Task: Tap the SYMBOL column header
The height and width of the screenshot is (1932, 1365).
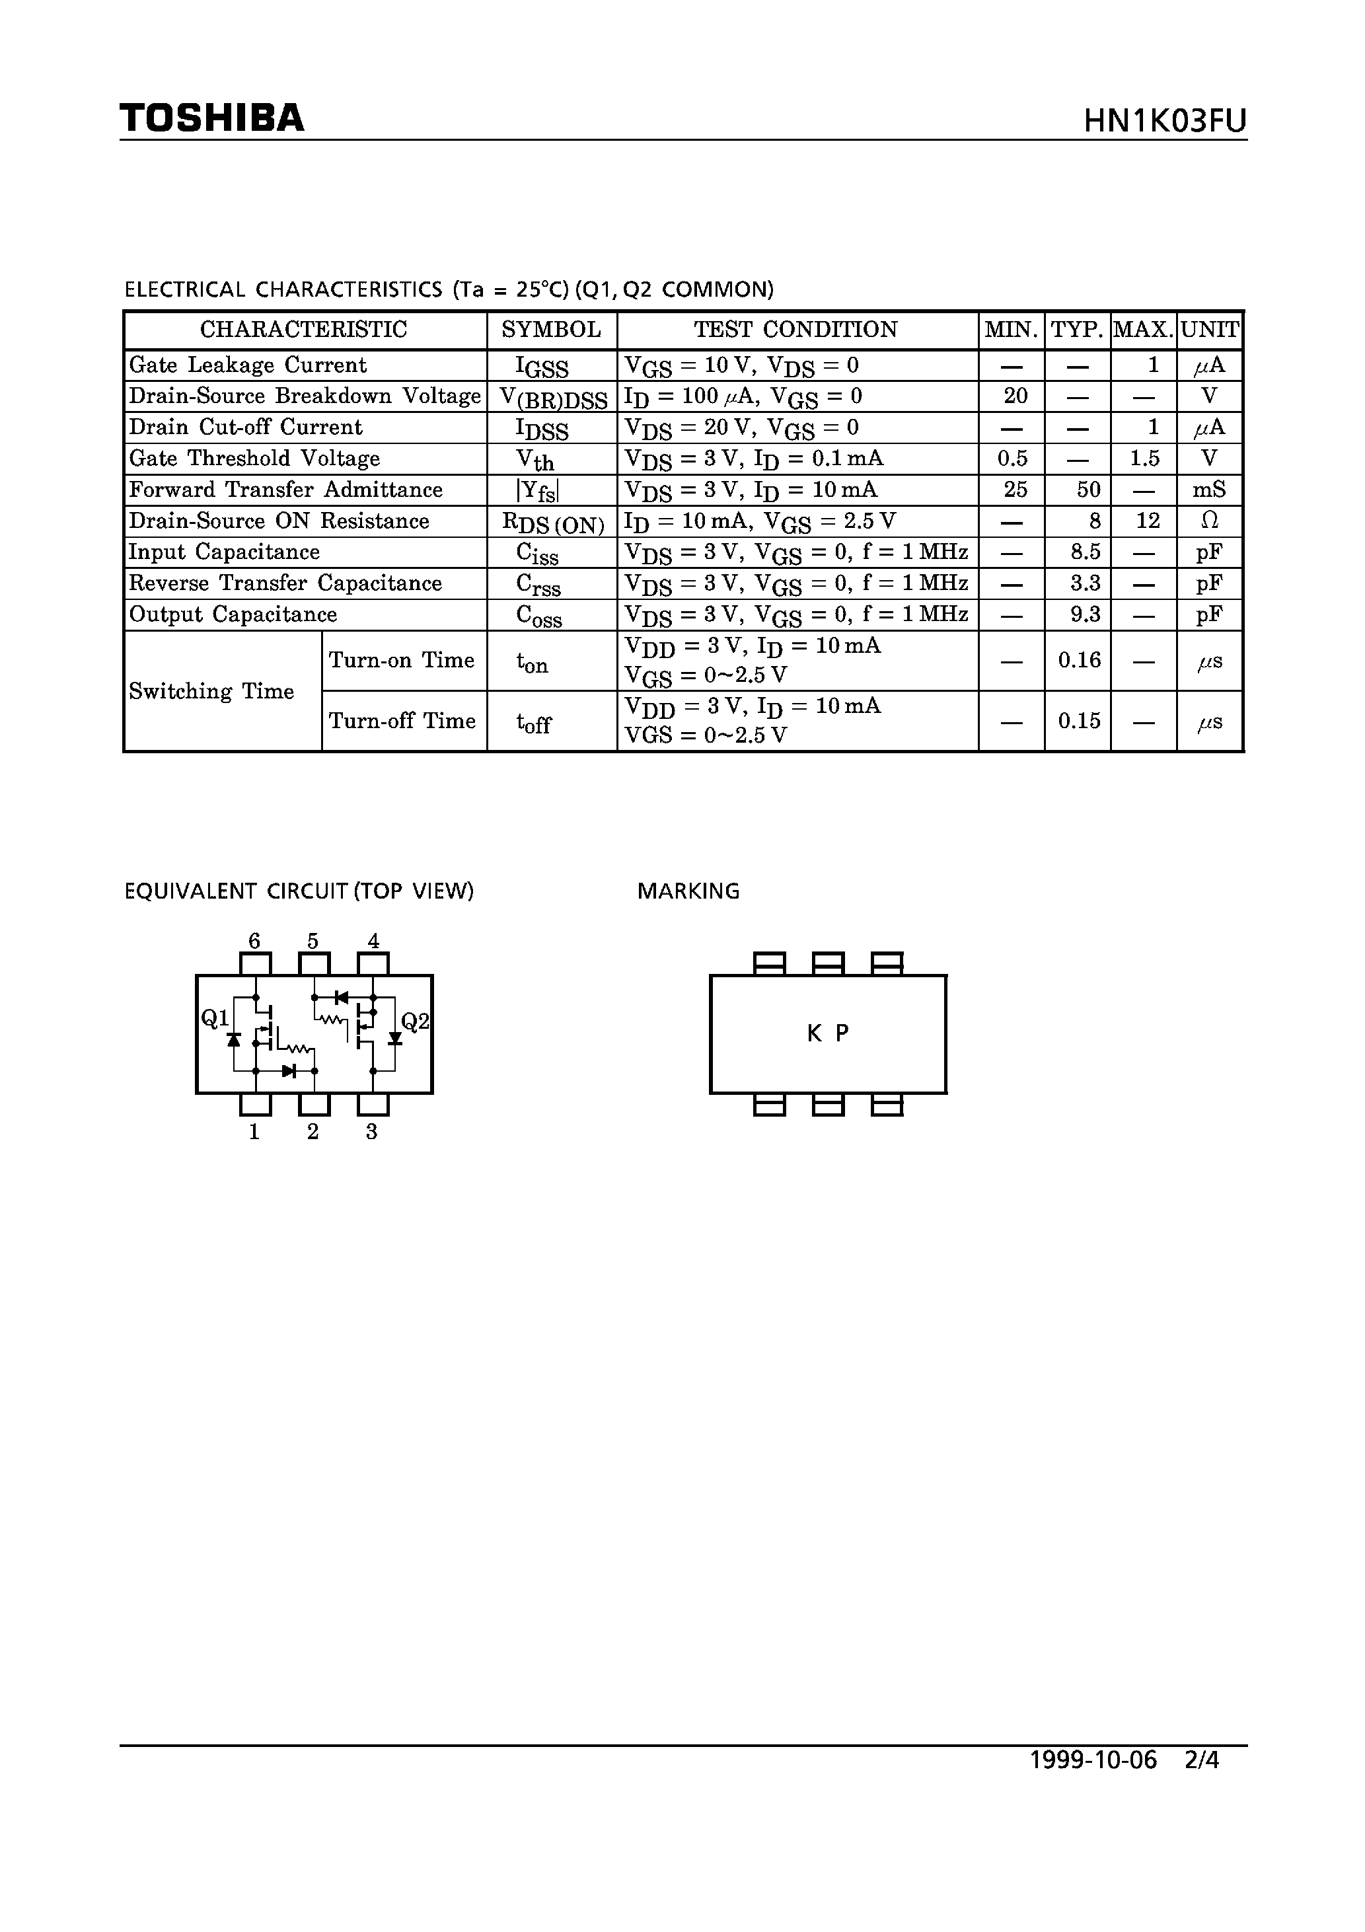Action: pos(551,330)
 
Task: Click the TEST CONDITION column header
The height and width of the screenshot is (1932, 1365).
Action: pos(795,330)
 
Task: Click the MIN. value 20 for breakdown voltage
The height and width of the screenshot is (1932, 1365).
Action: pos(1015,396)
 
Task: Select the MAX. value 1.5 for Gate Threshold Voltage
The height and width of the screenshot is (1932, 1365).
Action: pos(1144,459)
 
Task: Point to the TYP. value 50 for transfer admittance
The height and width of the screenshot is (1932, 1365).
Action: pos(1088,490)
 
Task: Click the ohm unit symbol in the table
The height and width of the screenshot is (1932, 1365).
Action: pos(1209,521)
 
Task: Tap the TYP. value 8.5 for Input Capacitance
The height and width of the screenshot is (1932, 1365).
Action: pos(1086,552)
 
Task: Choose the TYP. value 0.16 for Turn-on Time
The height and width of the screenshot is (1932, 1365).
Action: pos(1080,661)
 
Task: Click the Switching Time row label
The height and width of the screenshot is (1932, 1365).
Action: pos(211,692)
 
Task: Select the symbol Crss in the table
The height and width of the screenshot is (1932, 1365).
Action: pos(538,585)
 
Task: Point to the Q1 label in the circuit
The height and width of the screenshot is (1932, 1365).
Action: pos(215,1019)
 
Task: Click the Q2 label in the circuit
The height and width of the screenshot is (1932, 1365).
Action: pos(415,1022)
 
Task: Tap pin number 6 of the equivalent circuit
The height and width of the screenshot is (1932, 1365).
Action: pos(254,941)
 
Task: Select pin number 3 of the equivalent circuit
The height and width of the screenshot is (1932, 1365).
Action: pos(371,1133)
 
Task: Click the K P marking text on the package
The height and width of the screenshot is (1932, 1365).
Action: pos(828,1033)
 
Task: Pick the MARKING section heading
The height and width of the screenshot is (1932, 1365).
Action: pos(688,891)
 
